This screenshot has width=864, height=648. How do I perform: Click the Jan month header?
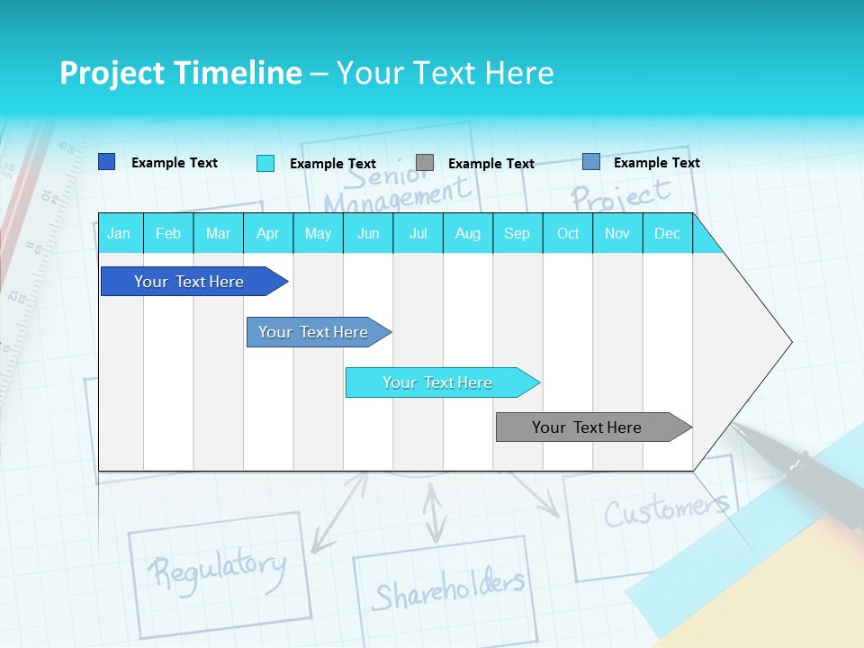click(119, 233)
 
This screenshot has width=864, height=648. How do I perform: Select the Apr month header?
click(267, 233)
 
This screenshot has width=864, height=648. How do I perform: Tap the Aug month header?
click(467, 233)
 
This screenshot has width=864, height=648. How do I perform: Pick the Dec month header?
click(667, 233)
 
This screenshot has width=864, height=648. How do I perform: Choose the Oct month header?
click(568, 233)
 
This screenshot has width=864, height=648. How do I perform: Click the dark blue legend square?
click(107, 162)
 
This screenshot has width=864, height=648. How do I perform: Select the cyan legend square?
click(265, 163)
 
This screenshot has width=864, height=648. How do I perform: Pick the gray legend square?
click(425, 162)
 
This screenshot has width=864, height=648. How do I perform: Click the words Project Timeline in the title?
click(180, 73)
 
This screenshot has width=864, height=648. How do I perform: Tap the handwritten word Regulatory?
click(216, 568)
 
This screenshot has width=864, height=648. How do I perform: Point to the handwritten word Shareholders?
click(447, 589)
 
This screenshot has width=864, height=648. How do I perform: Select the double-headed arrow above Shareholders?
click(436, 514)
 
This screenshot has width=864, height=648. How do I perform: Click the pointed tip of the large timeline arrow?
click(789, 342)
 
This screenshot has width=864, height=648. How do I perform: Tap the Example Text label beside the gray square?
click(490, 164)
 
